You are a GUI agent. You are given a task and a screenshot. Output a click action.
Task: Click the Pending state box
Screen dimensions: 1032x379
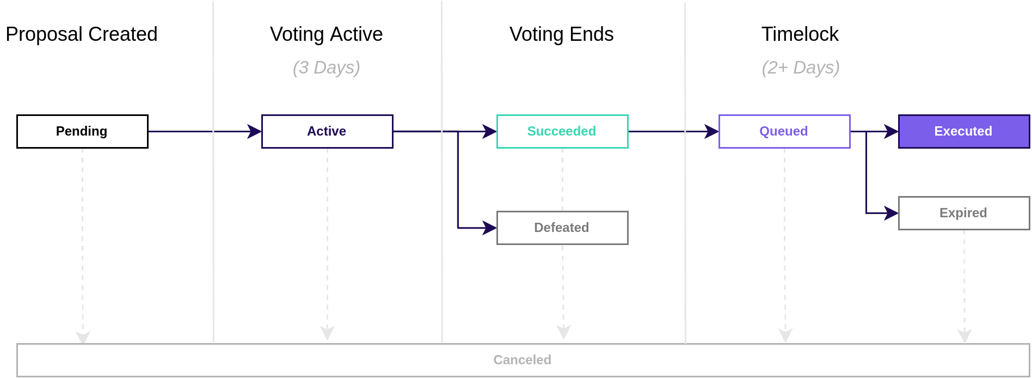pyautogui.click(x=82, y=131)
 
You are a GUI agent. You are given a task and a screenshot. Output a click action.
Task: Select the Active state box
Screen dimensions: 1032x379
pyautogui.click(x=327, y=131)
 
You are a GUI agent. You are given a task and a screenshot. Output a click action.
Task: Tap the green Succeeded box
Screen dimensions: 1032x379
pyautogui.click(x=562, y=131)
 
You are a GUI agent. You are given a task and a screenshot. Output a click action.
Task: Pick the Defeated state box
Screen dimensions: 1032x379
pyautogui.click(x=562, y=228)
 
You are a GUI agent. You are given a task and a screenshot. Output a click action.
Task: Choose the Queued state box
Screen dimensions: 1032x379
pyautogui.click(x=784, y=131)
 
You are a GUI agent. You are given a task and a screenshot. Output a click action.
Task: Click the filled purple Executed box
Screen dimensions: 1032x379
pyautogui.click(x=964, y=131)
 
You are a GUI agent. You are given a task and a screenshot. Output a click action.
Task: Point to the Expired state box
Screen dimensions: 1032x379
pyautogui.click(x=964, y=213)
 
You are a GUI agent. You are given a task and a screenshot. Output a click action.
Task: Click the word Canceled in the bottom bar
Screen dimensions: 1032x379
pyautogui.click(x=523, y=360)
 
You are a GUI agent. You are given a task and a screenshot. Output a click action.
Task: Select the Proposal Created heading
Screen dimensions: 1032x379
pyautogui.click(x=82, y=34)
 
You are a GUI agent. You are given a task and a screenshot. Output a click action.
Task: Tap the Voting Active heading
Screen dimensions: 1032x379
pyautogui.click(x=327, y=34)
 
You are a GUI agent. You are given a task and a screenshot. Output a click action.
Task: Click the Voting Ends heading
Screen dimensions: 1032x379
pyautogui.click(x=562, y=34)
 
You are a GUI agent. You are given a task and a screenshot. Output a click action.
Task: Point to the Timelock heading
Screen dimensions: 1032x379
pyautogui.click(x=800, y=34)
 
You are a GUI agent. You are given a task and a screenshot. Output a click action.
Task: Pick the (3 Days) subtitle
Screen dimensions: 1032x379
pyautogui.click(x=327, y=68)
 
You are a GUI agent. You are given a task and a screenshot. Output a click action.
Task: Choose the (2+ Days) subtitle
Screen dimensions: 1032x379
pyautogui.click(x=801, y=68)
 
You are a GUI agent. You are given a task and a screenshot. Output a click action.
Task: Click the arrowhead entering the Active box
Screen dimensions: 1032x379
pyautogui.click(x=255, y=131)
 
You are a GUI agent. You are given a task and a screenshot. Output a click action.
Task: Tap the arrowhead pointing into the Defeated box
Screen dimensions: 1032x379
pyautogui.click(x=490, y=228)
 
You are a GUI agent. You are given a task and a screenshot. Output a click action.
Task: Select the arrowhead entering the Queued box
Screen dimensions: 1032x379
pyautogui.click(x=712, y=131)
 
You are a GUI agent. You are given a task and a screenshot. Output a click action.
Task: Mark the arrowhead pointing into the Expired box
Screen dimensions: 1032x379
pyautogui.click(x=892, y=213)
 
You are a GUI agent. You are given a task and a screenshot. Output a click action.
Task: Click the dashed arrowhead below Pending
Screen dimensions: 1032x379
pyautogui.click(x=83, y=337)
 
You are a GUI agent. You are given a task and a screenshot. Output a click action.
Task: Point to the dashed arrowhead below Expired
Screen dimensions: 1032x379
pyautogui.click(x=965, y=336)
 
